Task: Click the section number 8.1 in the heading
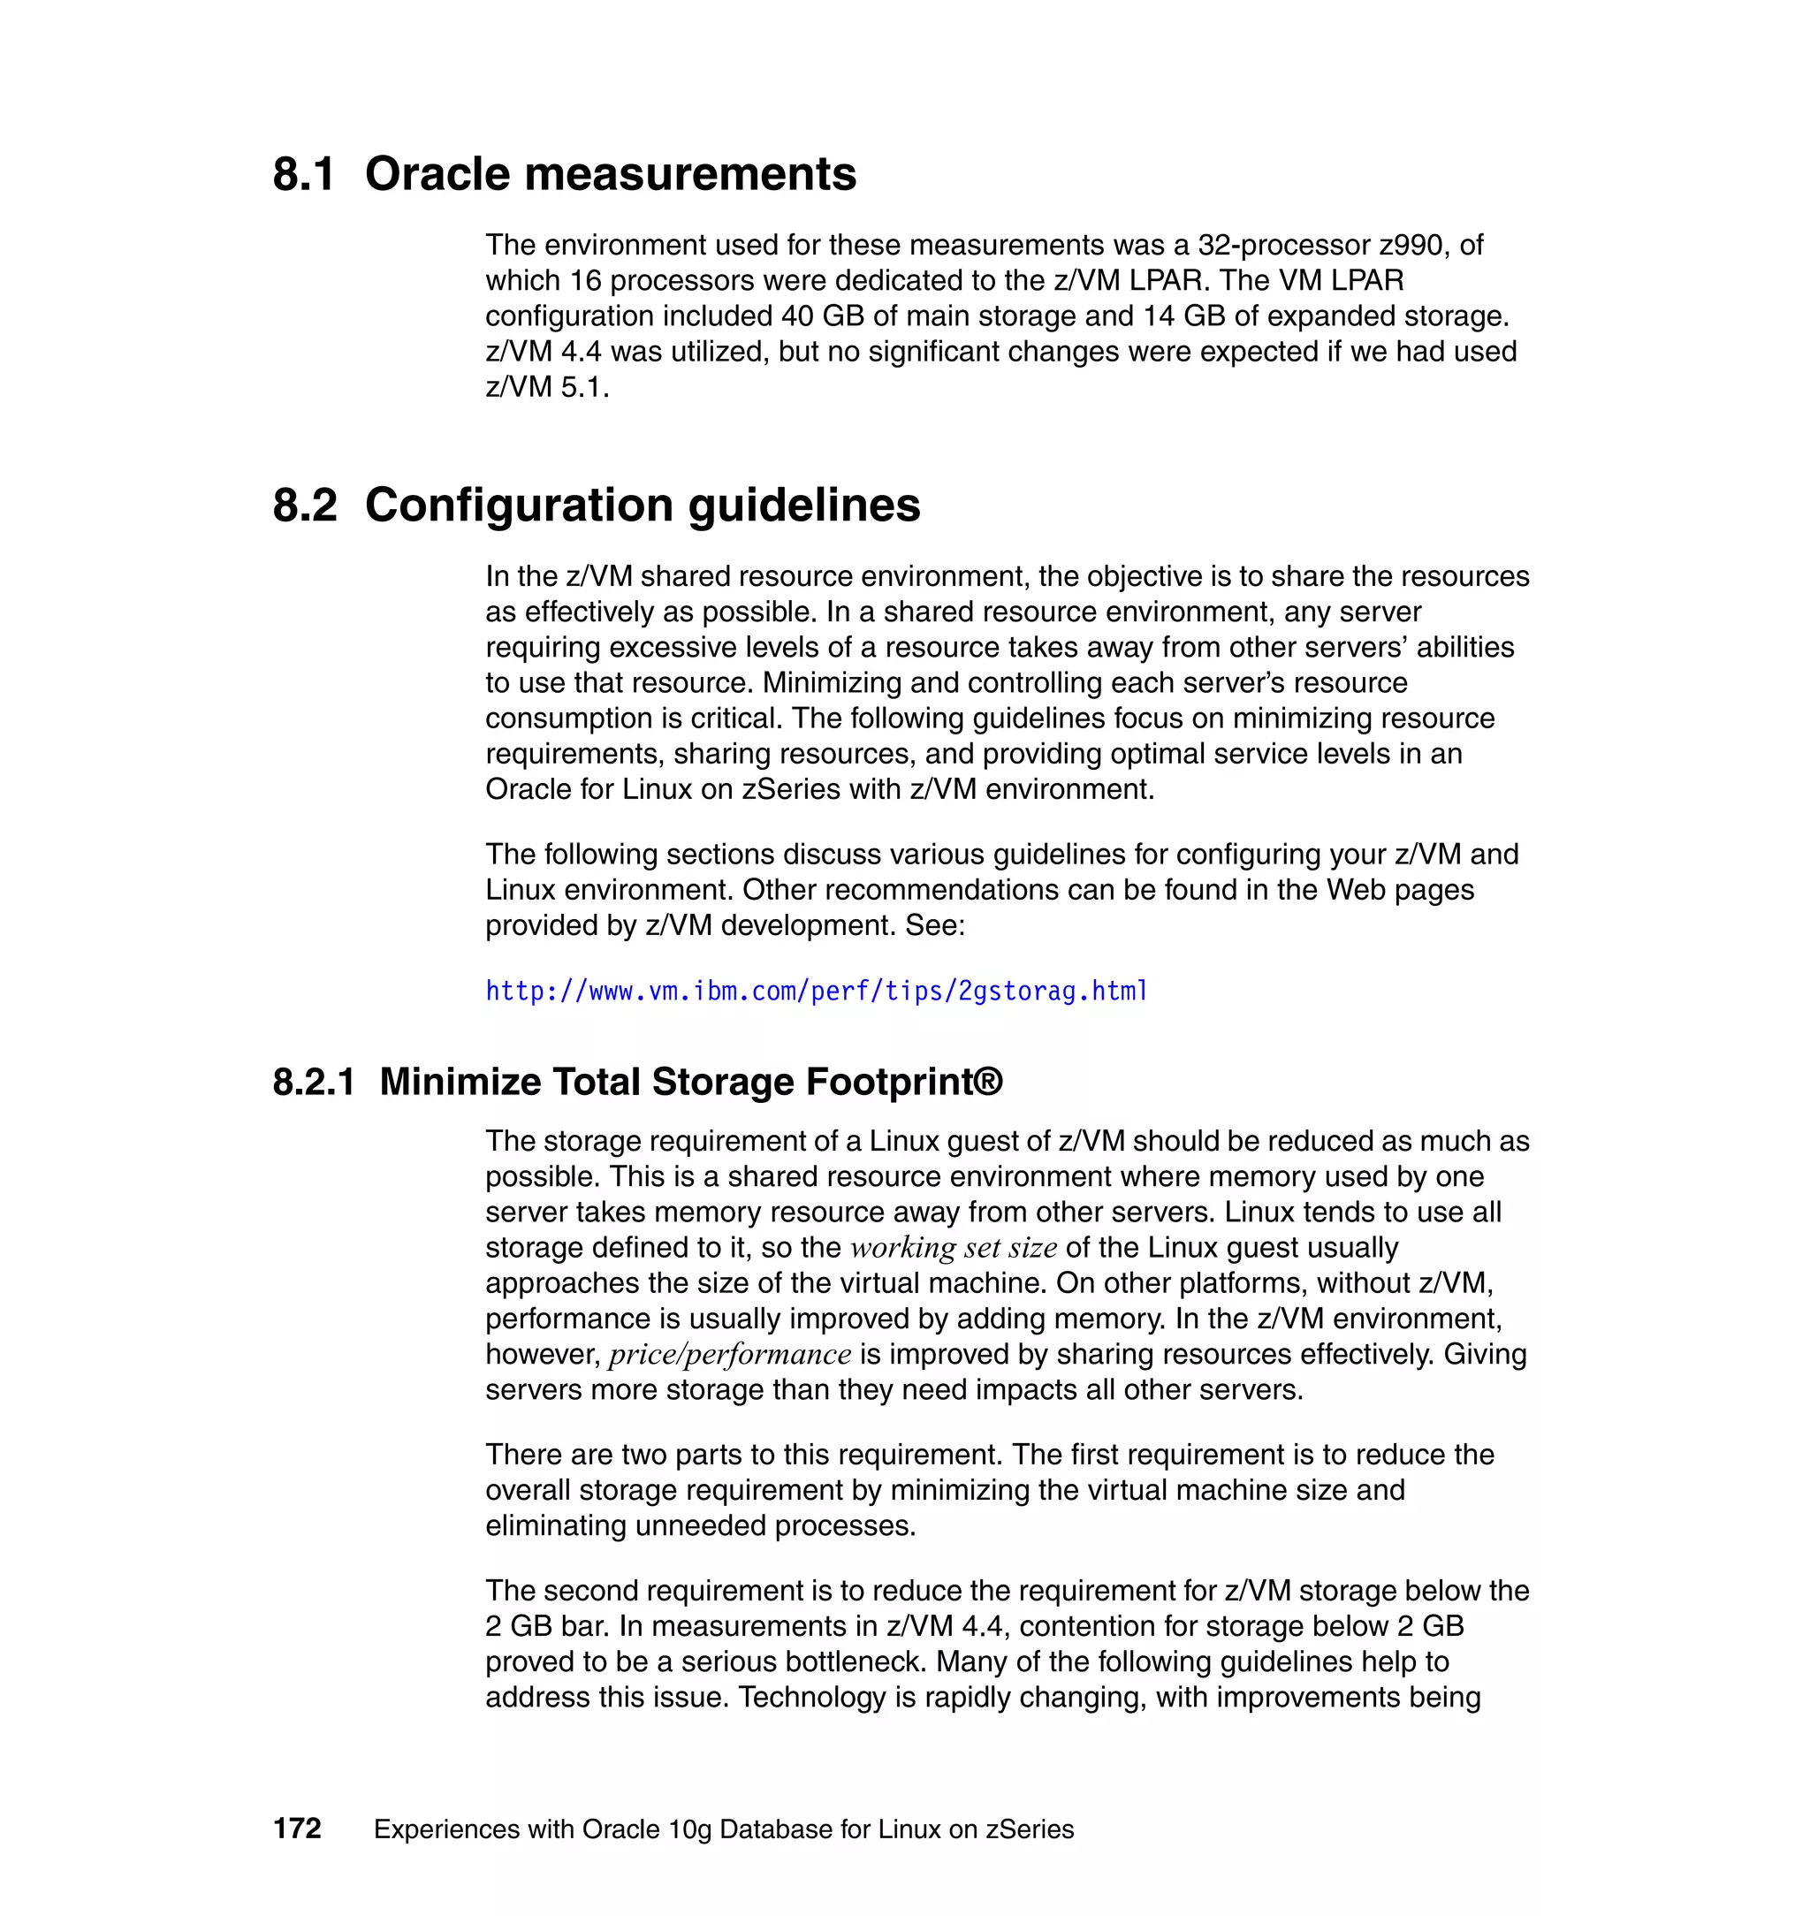point(304,175)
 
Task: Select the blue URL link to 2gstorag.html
point(817,991)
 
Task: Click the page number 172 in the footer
point(297,1829)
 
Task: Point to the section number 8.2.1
point(314,1082)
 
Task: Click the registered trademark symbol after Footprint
point(988,1080)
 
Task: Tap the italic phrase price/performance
point(729,1355)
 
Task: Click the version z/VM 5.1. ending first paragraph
point(546,387)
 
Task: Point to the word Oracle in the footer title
point(621,1829)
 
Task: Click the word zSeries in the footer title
point(1030,1829)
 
